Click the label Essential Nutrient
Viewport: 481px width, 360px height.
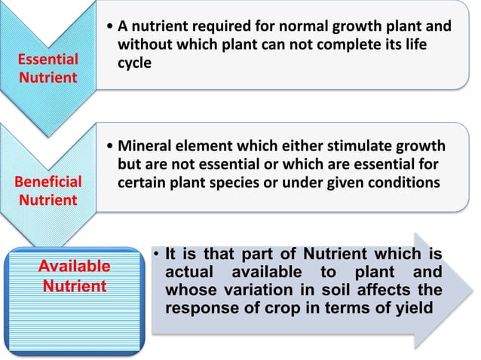49,69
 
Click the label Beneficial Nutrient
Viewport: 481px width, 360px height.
49,191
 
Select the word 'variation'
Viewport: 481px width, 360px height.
252,290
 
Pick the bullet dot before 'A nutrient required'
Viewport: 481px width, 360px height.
112,28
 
